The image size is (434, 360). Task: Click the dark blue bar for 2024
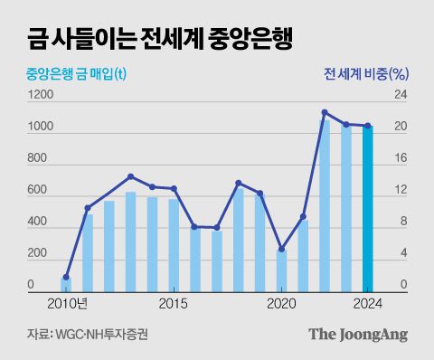[367, 207]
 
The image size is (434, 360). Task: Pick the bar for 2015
[174, 243]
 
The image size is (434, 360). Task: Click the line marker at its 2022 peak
[325, 112]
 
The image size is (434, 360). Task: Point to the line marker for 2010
[66, 278]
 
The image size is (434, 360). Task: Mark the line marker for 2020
[282, 249]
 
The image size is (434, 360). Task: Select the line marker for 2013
[130, 176]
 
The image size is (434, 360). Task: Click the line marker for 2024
[367, 126]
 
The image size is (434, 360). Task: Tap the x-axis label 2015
[174, 302]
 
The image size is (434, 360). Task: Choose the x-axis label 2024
[367, 302]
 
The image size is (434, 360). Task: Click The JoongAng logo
[358, 334]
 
